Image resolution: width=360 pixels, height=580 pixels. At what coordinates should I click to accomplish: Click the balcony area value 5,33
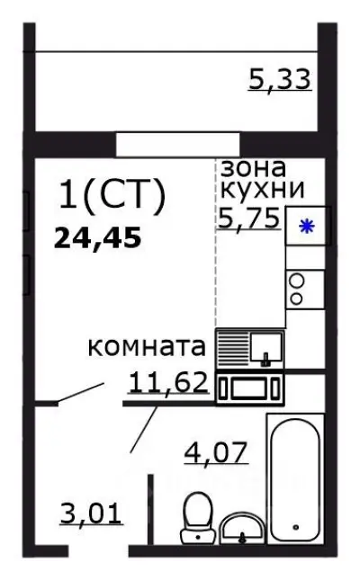point(279,79)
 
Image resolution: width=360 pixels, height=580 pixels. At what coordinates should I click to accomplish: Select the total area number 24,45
point(99,239)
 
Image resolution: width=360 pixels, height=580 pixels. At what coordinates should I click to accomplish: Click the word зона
point(254,168)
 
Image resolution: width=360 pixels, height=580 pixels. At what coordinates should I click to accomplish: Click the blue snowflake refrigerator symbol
point(306,227)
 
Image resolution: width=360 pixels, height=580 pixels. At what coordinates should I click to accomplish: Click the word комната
point(148,348)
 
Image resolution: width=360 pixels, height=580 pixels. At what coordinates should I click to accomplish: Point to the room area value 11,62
point(168,383)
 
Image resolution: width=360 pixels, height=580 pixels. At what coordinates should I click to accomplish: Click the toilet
point(195,518)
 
